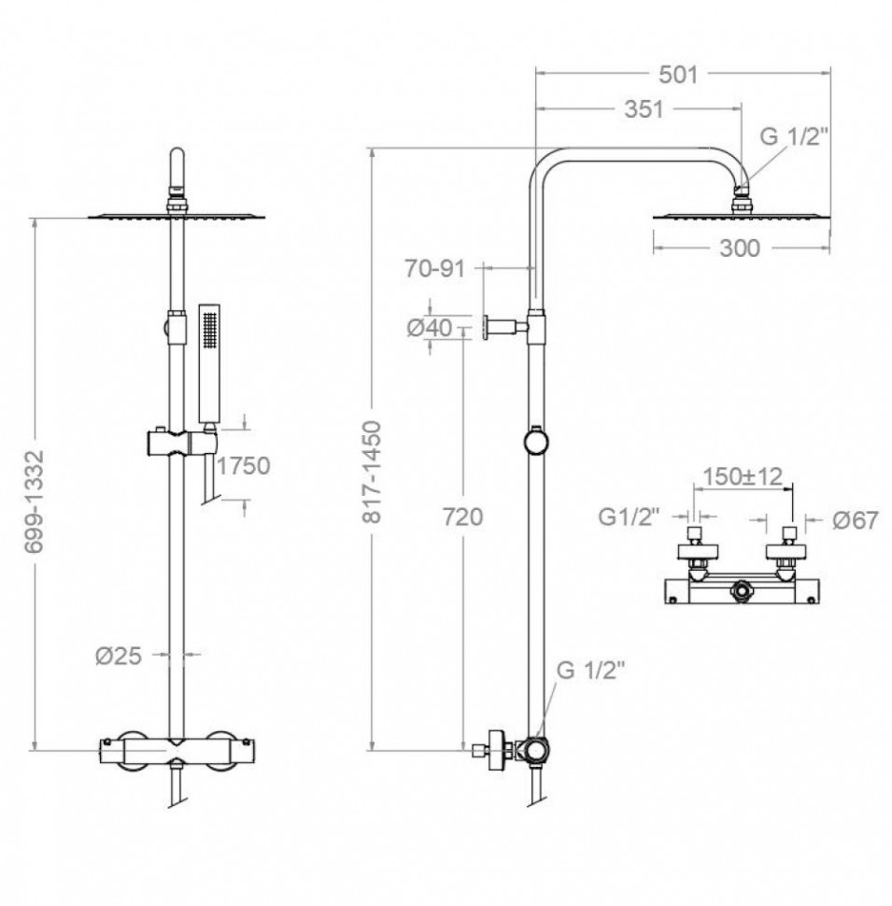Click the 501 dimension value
point(678,75)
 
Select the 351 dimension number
point(644,109)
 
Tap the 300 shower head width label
point(740,248)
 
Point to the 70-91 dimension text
point(434,269)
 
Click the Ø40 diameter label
point(430,328)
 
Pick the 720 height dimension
point(462,517)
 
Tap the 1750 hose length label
point(243,466)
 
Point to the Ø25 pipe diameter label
point(119,656)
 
